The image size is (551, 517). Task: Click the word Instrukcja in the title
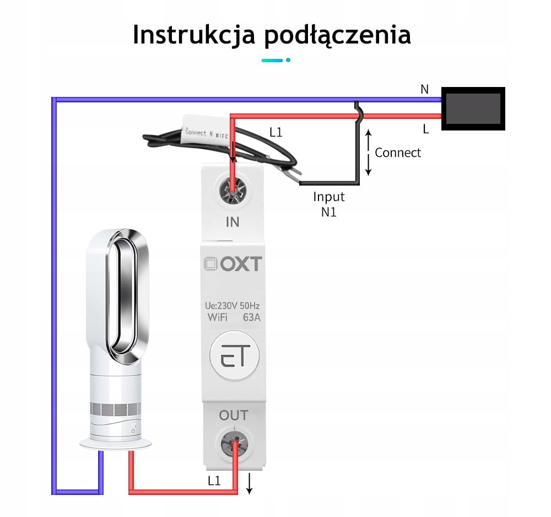(x=193, y=35)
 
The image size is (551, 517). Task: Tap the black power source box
(x=473, y=108)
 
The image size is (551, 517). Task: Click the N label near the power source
(x=424, y=89)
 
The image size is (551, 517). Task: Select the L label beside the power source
(x=425, y=129)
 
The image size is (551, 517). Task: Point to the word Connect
(x=398, y=153)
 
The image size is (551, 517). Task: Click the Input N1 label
(x=329, y=204)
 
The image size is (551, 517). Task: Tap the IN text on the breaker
(x=233, y=222)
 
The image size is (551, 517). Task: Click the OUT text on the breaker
(x=233, y=415)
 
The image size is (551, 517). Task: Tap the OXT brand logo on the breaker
(x=233, y=264)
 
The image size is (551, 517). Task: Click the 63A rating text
(x=252, y=317)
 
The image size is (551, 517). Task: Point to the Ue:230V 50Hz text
(x=233, y=306)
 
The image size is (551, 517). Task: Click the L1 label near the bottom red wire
(x=214, y=481)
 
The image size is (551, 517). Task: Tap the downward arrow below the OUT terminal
(x=249, y=483)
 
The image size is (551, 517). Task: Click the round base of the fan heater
(x=116, y=442)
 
